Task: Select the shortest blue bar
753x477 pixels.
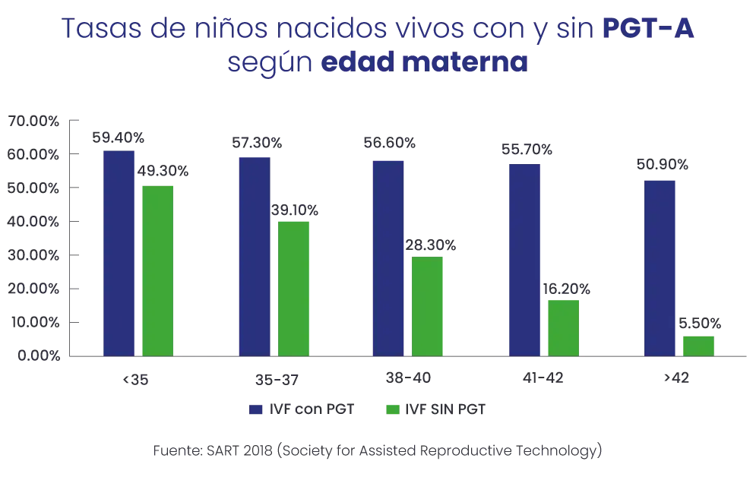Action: pos(660,266)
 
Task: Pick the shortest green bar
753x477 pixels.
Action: pos(698,345)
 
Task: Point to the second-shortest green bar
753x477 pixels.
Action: pos(564,327)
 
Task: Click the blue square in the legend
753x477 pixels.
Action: pos(256,410)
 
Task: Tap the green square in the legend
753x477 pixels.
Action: pos(392,410)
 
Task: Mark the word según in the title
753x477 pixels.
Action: pos(270,65)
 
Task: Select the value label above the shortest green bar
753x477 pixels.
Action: pos(700,324)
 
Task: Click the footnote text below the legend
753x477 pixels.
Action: pos(376,449)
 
